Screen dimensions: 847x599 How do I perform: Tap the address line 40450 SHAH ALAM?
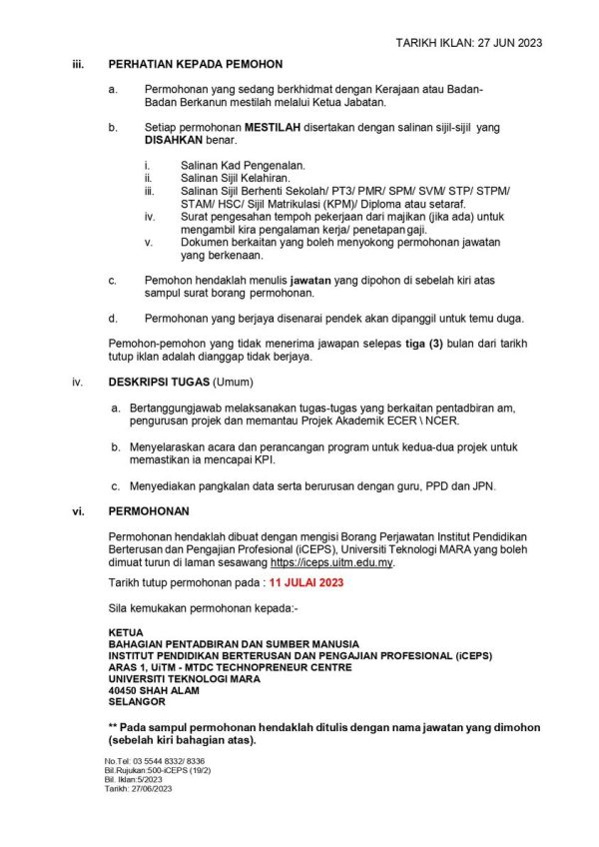pos(154,690)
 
